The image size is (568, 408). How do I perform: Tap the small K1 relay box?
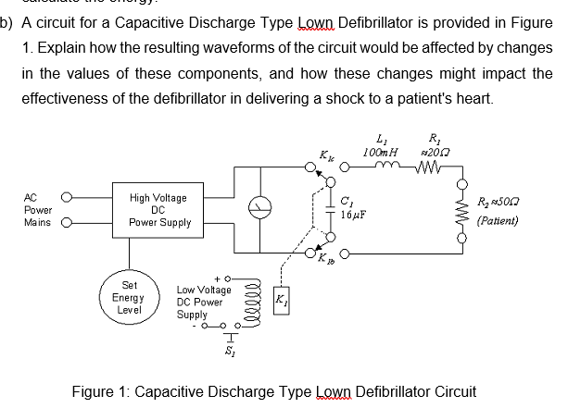pyautogui.click(x=283, y=302)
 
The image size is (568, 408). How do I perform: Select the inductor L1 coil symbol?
pyautogui.click(x=383, y=167)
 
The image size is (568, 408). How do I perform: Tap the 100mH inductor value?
pyautogui.click(x=381, y=149)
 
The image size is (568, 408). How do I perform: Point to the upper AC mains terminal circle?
pyautogui.click(x=65, y=196)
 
